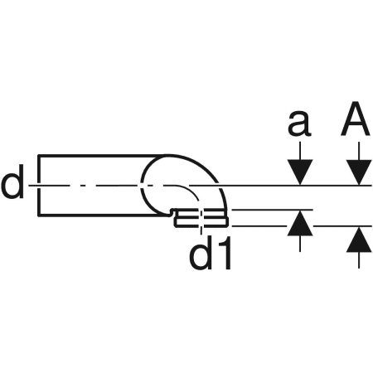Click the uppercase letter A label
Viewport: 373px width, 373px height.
[x=356, y=119]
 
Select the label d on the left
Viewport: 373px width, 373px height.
[x=12, y=182]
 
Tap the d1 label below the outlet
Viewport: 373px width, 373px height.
[x=211, y=253]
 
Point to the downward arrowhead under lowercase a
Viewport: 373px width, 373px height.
[x=300, y=172]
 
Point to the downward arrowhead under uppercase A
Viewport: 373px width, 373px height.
[x=359, y=172]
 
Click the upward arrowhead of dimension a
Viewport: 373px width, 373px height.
[x=300, y=223]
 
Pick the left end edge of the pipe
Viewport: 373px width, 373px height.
[x=39, y=186]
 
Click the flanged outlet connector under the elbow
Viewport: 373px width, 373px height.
[x=201, y=218]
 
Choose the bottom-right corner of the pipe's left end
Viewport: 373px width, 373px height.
[x=39, y=215]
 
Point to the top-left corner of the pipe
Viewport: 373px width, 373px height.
[x=39, y=156]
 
